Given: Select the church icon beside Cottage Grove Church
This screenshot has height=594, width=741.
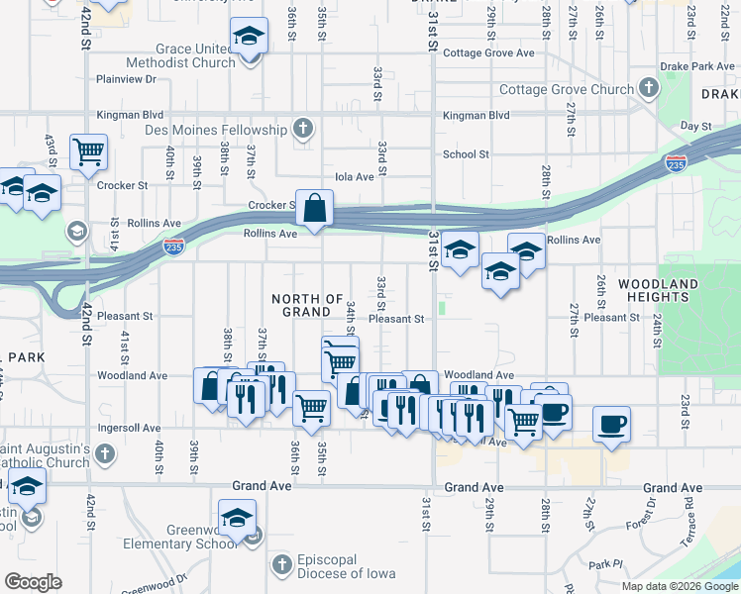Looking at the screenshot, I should (648, 89).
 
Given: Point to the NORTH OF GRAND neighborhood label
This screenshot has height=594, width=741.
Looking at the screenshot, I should (306, 305).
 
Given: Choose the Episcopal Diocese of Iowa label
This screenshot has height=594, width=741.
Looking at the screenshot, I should (345, 566).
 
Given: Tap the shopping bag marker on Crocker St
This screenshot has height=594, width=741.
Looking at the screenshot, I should (314, 209).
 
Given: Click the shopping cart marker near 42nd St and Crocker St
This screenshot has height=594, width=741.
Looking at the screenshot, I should (88, 152).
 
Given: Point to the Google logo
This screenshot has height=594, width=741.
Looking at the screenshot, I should (33, 582).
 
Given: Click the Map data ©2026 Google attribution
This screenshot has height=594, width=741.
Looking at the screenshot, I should (680, 586).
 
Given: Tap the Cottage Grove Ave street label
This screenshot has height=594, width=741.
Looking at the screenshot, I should (488, 53).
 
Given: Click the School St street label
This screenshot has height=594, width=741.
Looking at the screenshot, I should (466, 154).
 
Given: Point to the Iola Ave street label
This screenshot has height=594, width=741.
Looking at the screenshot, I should (356, 176).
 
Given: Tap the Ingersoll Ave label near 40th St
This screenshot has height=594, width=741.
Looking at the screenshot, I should (128, 429).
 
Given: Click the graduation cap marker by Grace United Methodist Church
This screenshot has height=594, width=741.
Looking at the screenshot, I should (249, 39).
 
